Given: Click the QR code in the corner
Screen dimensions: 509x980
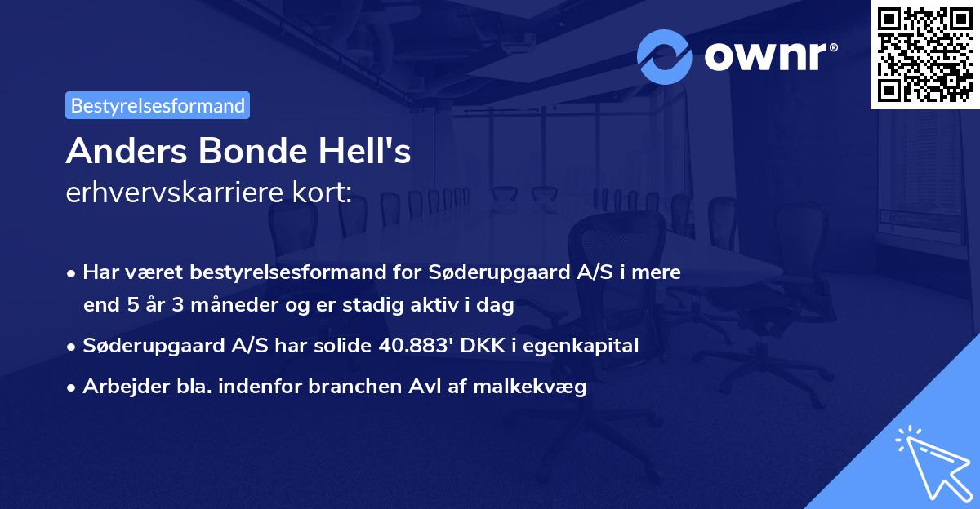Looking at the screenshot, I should point(924,54).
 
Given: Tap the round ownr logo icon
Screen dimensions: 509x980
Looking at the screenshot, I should point(665,57).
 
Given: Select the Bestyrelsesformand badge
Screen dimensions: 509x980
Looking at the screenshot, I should point(158,105).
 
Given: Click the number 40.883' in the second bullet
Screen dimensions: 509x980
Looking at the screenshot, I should point(417,346).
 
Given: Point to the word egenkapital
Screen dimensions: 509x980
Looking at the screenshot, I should point(581,346).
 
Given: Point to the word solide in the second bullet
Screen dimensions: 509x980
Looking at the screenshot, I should point(345,346).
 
